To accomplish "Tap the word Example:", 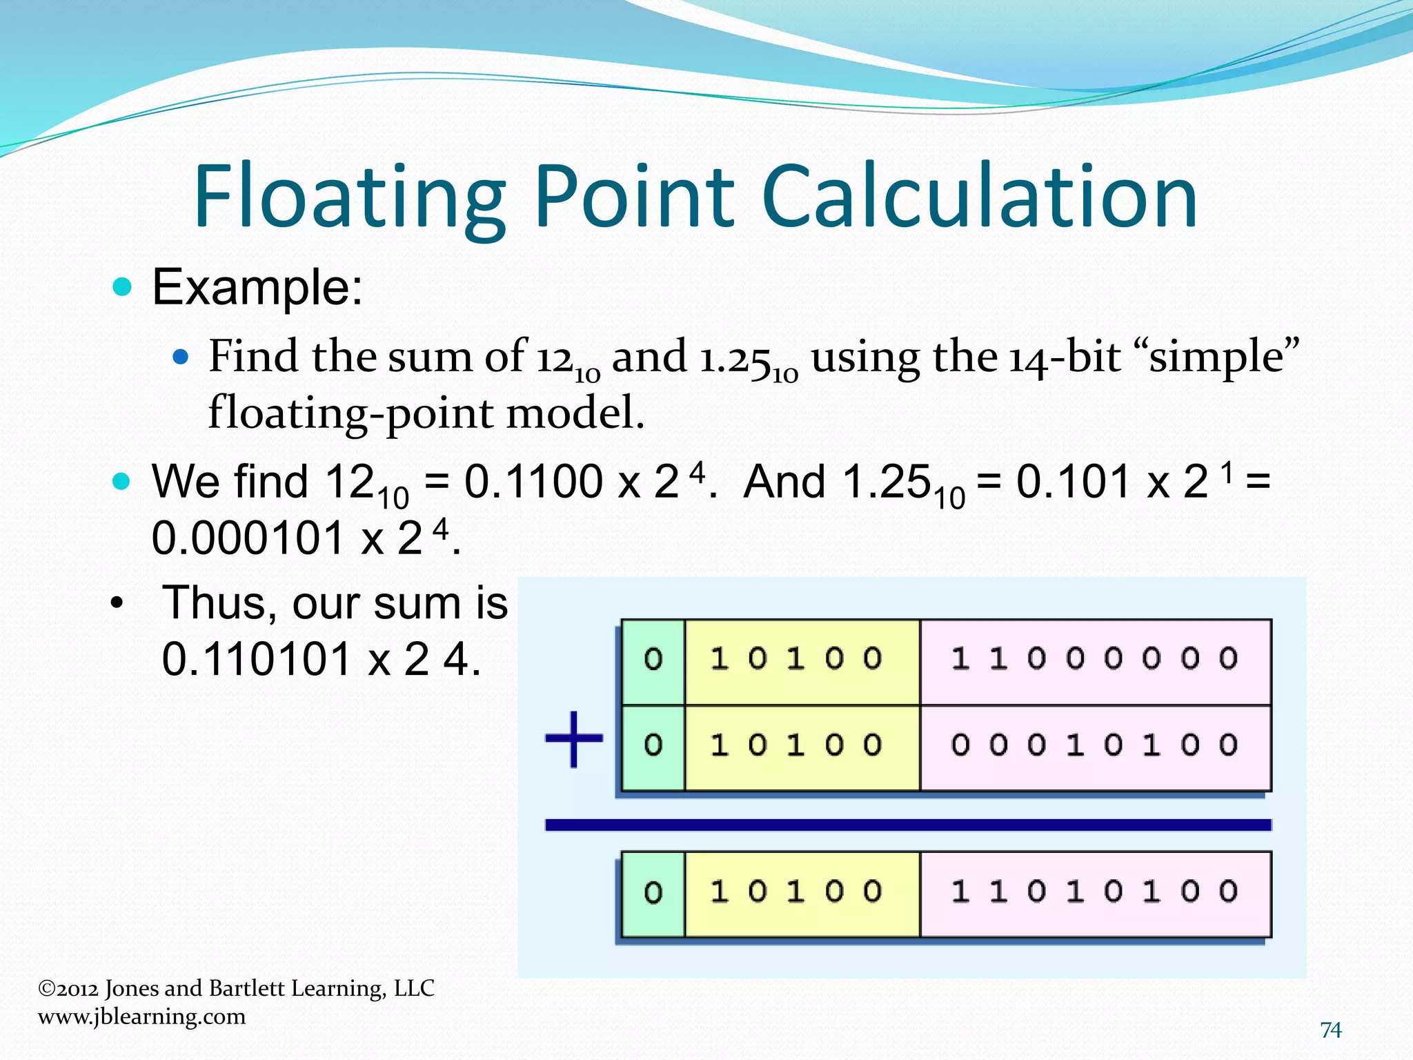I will click(257, 287).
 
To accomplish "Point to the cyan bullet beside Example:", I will click(122, 286).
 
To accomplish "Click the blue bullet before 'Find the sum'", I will click(181, 357).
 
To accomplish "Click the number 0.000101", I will click(247, 538).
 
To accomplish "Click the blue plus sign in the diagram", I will click(574, 739).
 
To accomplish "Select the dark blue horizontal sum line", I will click(907, 825).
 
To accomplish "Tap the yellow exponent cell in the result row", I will click(802, 894).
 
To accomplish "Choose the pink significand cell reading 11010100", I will click(1095, 894).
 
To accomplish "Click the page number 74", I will click(1331, 1030).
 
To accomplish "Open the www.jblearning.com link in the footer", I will click(141, 1017).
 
